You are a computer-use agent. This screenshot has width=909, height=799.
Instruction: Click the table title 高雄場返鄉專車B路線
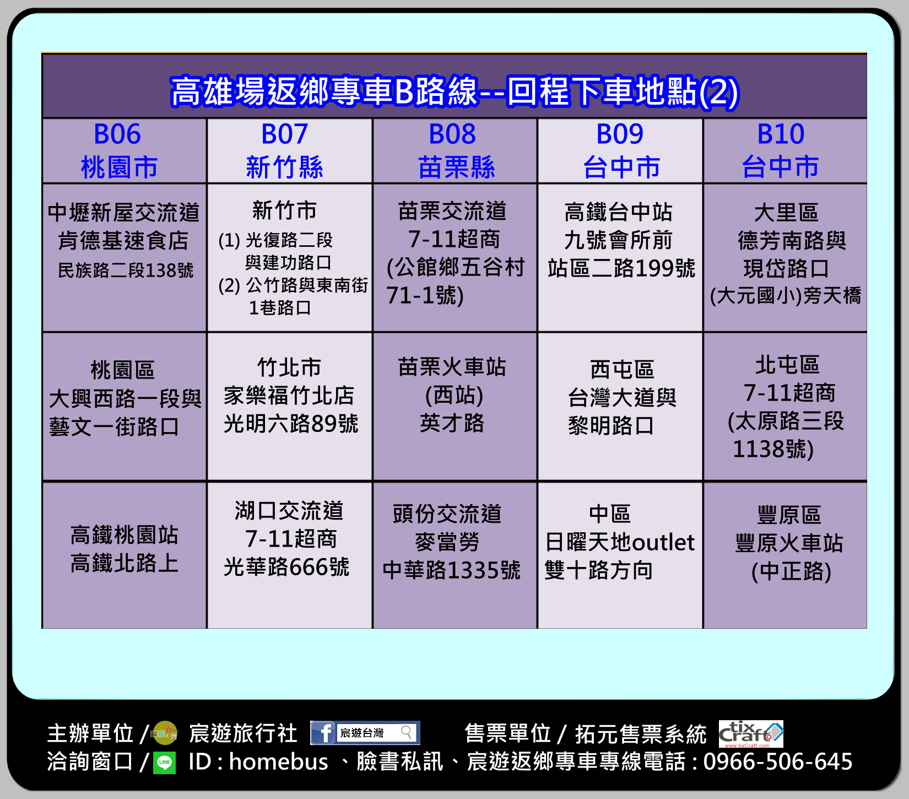(324, 91)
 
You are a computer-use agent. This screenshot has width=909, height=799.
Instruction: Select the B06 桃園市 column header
(125, 150)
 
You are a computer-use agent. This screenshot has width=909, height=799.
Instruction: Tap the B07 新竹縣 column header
(290, 150)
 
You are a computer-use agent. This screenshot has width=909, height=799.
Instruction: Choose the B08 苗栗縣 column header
(455, 150)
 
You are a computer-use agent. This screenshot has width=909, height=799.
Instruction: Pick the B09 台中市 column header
(620, 150)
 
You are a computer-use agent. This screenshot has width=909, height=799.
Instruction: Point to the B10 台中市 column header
(785, 150)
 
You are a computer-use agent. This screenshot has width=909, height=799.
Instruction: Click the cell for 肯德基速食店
(125, 257)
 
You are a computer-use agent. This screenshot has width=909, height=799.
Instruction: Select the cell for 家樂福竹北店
(290, 407)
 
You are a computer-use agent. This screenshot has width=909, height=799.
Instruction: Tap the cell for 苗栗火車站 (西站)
(455, 407)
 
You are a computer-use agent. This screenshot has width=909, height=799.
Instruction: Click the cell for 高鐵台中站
(620, 257)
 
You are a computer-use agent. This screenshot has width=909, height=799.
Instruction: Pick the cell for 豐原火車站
(785, 555)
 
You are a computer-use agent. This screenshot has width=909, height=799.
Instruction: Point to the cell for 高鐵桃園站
(125, 555)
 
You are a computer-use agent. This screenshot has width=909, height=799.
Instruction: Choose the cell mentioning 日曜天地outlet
(620, 555)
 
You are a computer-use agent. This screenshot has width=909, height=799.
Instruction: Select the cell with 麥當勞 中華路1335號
(455, 555)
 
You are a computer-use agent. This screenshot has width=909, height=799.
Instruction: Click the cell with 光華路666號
(290, 555)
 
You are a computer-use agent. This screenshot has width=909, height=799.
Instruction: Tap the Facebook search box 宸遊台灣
(376, 732)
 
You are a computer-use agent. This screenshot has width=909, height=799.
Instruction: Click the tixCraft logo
(751, 733)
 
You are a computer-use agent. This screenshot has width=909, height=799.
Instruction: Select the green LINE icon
(164, 763)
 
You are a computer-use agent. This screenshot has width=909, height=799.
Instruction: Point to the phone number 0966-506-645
(778, 762)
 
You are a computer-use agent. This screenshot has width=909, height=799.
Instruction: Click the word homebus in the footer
(278, 762)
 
